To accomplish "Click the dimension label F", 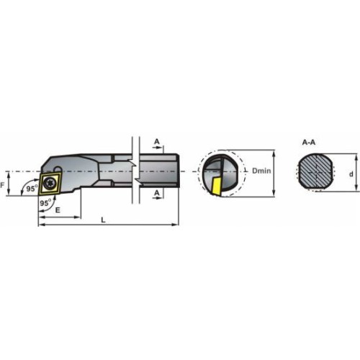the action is (x=3, y=185).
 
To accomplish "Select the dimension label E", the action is (x=58, y=210).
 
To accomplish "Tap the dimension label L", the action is (x=103, y=220).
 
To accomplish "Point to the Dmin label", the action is (x=261, y=171).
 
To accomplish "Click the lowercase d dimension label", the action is (x=351, y=174).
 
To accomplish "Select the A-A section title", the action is (x=309, y=143).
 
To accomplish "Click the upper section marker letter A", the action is (x=157, y=142).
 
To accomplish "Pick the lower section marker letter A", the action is (x=157, y=193).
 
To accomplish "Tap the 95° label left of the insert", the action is (x=32, y=189).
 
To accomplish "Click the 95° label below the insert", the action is (x=45, y=203).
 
